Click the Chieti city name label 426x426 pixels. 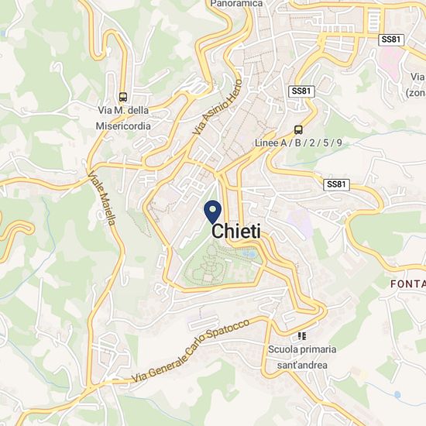(236, 231)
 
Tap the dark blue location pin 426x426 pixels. (213, 211)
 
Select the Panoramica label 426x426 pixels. (237, 4)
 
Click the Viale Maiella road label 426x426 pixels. (101, 198)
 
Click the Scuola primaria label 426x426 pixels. (298, 351)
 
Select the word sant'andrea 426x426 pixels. (298, 365)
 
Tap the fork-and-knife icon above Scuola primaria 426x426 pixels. (301, 336)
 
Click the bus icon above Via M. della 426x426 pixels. (122, 98)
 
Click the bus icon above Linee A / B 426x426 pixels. (298, 130)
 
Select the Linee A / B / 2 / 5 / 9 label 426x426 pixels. (298, 144)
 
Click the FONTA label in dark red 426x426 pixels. (408, 284)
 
